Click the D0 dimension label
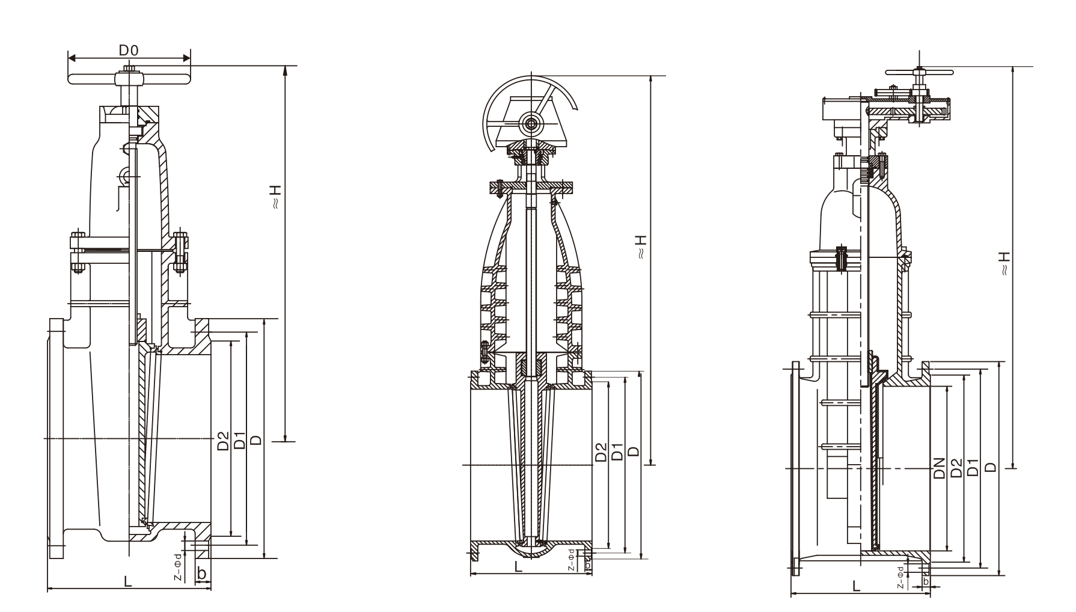coord(129,50)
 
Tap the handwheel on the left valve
coord(129,79)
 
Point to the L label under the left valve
coord(127,581)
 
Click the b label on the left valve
coord(202,574)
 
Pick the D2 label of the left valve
coord(223,441)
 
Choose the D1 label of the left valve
coord(239,441)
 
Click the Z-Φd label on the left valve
coord(178,567)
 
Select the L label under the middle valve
coord(518,566)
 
